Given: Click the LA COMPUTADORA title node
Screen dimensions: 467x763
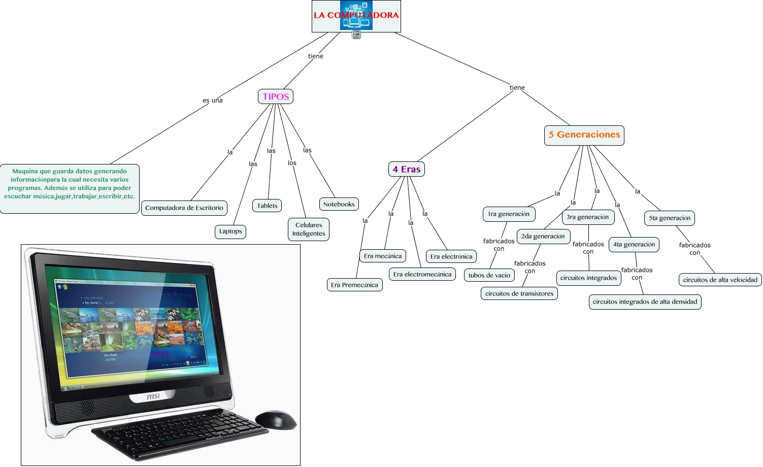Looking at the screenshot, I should (356, 16).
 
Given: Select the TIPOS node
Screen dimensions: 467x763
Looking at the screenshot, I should (276, 96).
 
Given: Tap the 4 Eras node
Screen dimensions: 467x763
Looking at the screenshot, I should (406, 169).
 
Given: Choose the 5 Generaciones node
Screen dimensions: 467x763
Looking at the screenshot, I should (584, 135).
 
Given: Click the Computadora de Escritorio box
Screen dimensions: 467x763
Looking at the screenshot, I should (184, 208).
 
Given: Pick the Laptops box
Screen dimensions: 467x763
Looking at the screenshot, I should (230, 231).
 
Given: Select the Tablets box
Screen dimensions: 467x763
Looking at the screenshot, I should (267, 206).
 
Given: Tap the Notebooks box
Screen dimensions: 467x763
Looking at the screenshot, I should (339, 204).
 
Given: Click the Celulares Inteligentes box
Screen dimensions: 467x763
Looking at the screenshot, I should (309, 229).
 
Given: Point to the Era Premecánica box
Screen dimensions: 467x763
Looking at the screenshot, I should (354, 285).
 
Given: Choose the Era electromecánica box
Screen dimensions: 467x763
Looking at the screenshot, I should (422, 274).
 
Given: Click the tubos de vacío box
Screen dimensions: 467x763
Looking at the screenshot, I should (489, 275).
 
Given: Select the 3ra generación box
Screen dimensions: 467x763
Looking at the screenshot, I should (587, 217).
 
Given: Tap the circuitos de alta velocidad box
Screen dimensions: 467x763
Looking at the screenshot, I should (720, 280).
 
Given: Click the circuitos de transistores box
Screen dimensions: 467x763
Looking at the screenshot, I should (519, 293).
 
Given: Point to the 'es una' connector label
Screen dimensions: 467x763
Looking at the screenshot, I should (213, 101).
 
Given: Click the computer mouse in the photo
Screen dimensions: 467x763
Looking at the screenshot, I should (276, 419).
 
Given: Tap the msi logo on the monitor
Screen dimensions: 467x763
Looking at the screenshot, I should (153, 396).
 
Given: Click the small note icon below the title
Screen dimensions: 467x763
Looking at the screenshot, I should (356, 35).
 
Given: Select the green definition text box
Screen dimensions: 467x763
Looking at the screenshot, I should (70, 188).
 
